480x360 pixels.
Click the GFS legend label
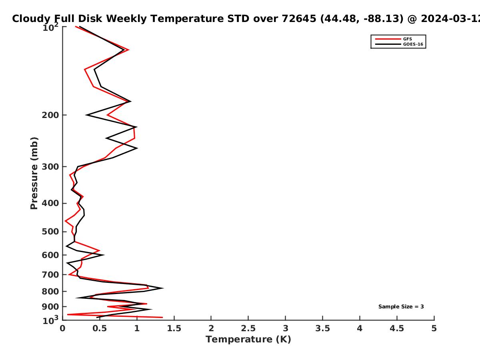coord(407,39)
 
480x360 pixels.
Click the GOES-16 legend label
coord(413,44)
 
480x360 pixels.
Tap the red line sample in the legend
coord(388,39)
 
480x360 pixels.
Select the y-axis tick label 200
coord(50,115)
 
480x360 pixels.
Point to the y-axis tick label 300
coord(50,166)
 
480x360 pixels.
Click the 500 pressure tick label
coord(50,232)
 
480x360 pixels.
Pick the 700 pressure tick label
coord(50,274)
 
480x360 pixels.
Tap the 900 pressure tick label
coord(50,307)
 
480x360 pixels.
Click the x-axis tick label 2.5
coord(248,328)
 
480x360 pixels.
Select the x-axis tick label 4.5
coord(397,328)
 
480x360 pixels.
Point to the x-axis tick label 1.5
coord(174,328)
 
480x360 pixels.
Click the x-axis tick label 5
coord(434,328)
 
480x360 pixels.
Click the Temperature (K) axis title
coord(248,340)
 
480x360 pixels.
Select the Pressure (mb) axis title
coord(34,173)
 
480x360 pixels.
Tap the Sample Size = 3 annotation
coord(401,307)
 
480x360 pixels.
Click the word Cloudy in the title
coord(31,19)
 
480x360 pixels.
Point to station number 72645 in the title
coord(299,18)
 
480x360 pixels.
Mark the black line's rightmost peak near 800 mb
coord(163,288)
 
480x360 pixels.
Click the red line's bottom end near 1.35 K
coord(162,317)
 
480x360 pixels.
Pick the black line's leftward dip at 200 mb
coord(86,115)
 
